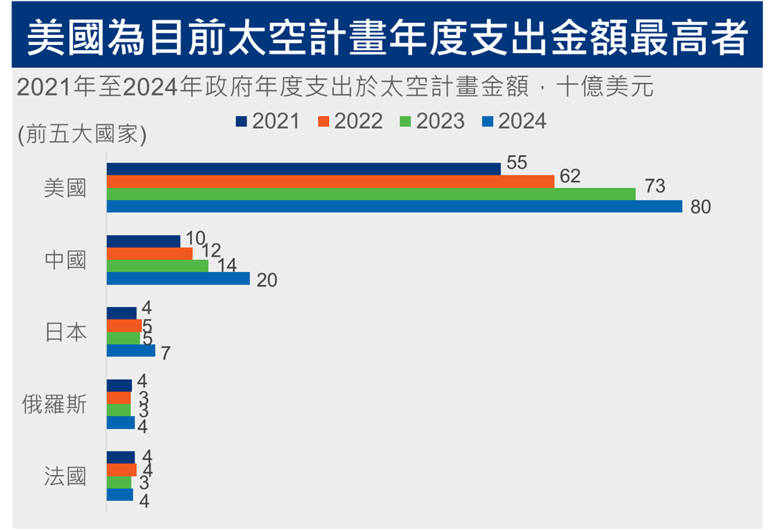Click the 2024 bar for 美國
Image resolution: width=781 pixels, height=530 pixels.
click(x=394, y=206)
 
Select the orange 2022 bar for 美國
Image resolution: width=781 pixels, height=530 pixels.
click(x=330, y=182)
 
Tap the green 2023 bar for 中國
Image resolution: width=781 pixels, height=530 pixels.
click(x=158, y=266)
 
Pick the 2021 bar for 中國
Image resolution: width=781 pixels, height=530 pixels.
click(x=143, y=241)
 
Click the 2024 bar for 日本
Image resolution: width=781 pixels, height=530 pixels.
click(x=131, y=351)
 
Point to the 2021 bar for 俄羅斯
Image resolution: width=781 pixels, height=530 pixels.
click(x=120, y=386)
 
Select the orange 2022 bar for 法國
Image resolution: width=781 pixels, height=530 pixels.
click(x=122, y=470)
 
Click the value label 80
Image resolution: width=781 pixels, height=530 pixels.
click(x=700, y=208)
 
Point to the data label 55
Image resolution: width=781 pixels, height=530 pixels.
click(x=517, y=163)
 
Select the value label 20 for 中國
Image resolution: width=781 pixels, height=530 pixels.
click(x=267, y=281)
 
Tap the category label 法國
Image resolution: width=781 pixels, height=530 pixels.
click(x=64, y=477)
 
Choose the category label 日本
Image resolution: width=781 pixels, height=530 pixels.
click(x=65, y=332)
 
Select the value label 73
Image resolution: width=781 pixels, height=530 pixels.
click(x=655, y=187)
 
